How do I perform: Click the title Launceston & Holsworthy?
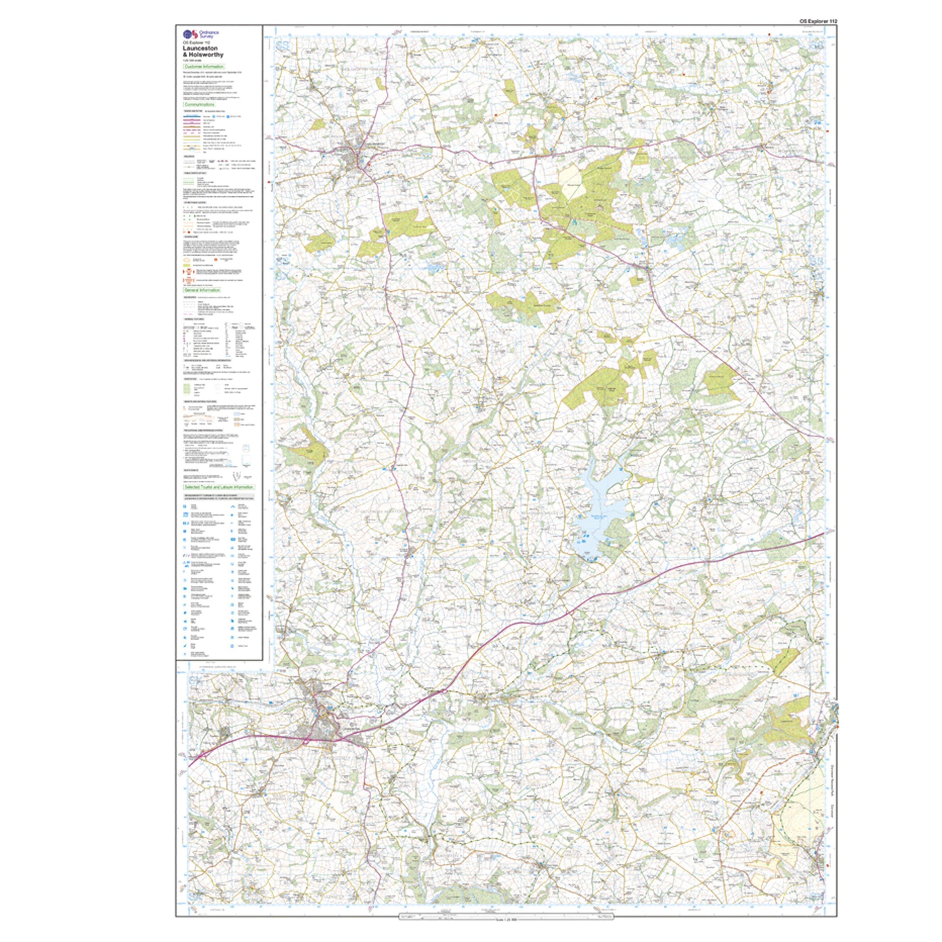click(x=203, y=51)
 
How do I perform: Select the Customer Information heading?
click(x=204, y=66)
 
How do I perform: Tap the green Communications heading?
click(x=199, y=104)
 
